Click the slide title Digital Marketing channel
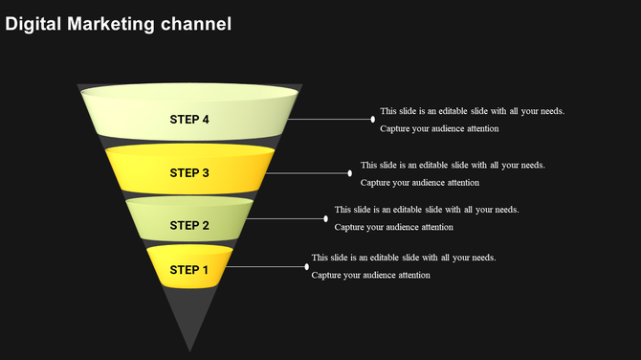(119, 24)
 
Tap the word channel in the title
(196, 24)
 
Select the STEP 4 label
(189, 120)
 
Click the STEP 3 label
(189, 173)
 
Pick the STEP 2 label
(189, 226)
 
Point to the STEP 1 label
(189, 271)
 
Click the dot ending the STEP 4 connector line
(373, 120)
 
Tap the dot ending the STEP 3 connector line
(350, 173)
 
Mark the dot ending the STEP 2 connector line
(326, 218)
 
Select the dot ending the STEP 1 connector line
(307, 266)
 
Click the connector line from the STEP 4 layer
(330, 120)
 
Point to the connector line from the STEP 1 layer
(268, 266)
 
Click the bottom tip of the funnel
(189, 349)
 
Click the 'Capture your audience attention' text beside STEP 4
(439, 128)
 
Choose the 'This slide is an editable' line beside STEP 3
(453, 165)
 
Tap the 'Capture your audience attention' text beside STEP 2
(393, 227)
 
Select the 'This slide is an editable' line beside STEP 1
(403, 258)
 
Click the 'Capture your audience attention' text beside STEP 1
(370, 275)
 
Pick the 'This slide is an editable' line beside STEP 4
(472, 111)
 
